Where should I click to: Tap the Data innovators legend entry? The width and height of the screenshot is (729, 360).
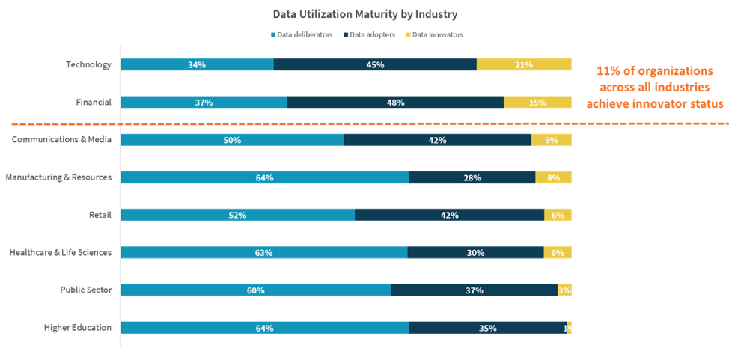point(434,34)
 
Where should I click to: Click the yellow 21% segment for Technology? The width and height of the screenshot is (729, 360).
point(524,65)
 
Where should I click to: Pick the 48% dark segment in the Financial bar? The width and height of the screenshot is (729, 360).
point(395,103)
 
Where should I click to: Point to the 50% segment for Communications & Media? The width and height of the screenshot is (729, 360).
point(232,140)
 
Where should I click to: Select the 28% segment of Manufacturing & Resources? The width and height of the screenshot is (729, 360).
point(472,177)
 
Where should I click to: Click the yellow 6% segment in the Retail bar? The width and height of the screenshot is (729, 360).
point(558,215)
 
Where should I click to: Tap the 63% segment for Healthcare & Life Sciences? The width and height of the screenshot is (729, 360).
point(263,252)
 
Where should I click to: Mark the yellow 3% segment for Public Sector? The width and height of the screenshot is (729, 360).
point(564,290)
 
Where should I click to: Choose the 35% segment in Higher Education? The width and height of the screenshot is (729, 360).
point(488,328)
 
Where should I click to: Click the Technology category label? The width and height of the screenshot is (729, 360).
point(88,65)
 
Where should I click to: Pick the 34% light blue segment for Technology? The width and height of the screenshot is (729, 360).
point(197,65)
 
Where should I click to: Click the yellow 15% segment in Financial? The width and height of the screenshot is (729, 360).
point(537,103)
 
